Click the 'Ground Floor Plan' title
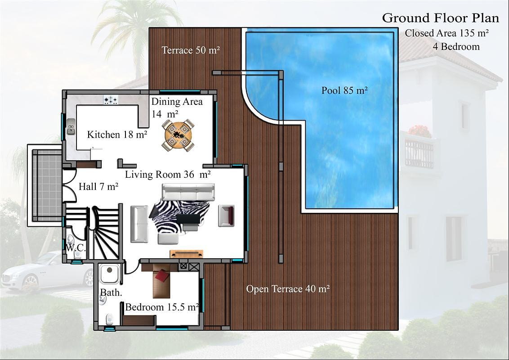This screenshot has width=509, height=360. (x=441, y=18)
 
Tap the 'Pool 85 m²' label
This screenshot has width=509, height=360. (x=344, y=90)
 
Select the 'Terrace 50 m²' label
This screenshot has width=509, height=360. (x=191, y=50)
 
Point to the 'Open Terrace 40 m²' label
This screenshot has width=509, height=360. (x=288, y=288)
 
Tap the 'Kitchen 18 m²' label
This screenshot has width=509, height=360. (x=117, y=134)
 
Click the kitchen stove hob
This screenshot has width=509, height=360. (x=111, y=100)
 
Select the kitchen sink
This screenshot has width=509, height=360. (x=71, y=127)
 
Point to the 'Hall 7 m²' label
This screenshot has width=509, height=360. (x=98, y=186)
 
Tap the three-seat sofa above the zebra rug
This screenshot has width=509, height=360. (x=188, y=192)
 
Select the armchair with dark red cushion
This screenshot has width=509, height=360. (x=226, y=216)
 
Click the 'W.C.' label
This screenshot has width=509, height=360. (x=76, y=248)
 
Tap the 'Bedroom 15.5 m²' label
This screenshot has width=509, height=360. (x=162, y=307)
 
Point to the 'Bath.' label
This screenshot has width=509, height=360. (x=111, y=292)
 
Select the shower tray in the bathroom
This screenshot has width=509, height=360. (x=110, y=274)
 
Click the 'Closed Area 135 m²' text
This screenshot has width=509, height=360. (x=447, y=33)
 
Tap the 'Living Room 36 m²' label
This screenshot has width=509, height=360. (x=168, y=175)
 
